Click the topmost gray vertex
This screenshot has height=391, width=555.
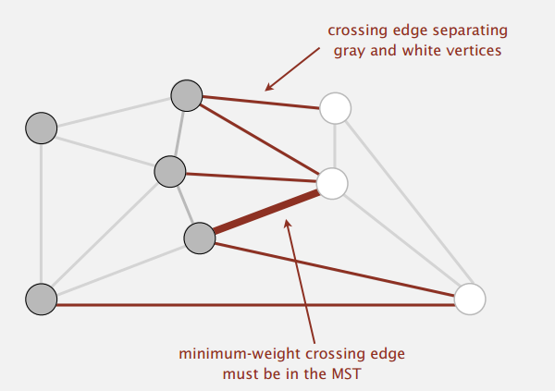[x=186, y=94]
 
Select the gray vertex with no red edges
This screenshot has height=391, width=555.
[x=41, y=128]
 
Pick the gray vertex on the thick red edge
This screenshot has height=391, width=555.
[x=199, y=238]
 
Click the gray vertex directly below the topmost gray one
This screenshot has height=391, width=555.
[x=170, y=171]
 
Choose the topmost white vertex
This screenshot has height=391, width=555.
[x=335, y=109]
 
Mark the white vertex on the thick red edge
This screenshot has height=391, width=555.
[x=332, y=183]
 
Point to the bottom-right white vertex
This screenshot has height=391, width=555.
[x=470, y=298]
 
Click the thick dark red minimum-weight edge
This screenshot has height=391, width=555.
[x=265, y=211]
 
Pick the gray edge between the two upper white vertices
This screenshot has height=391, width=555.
[x=334, y=146]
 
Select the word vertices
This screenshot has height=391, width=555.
[x=474, y=50]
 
